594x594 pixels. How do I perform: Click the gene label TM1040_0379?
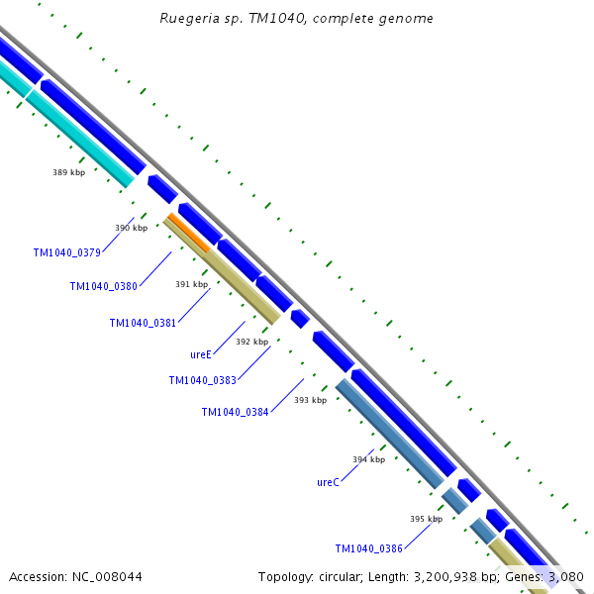point(66,252)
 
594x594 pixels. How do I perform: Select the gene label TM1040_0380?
point(103,286)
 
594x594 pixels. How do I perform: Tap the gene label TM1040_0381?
point(143,323)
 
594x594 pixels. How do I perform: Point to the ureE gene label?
point(202,353)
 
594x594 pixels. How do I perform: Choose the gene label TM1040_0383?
point(202,380)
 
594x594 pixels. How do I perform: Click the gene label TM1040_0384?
point(235,412)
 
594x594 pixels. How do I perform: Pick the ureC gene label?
point(328,482)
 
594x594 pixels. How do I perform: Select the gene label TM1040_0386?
point(368,548)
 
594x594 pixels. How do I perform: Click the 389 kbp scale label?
point(68,172)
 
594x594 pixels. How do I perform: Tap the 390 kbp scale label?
point(131,228)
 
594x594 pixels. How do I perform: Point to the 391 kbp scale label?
point(191,284)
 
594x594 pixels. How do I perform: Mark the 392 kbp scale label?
point(251,342)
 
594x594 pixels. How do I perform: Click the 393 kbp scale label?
point(310,400)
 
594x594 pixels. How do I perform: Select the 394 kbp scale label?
point(368,459)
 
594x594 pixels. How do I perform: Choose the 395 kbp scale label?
point(426,518)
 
